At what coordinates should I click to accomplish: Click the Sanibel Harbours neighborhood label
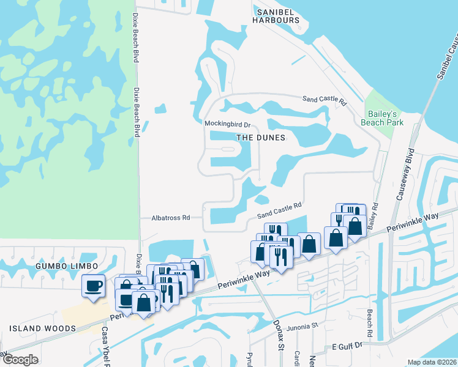(x=279, y=15)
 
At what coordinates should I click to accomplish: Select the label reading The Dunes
(x=261, y=138)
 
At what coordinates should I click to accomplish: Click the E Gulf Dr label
(x=348, y=346)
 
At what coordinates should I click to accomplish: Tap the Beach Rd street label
(x=369, y=323)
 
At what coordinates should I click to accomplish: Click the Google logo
(x=20, y=359)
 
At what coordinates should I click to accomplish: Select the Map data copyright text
(x=432, y=362)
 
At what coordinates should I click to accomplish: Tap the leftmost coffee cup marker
(x=93, y=286)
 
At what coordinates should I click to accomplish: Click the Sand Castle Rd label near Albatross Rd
(x=280, y=211)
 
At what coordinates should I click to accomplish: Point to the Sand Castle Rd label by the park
(x=325, y=100)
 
